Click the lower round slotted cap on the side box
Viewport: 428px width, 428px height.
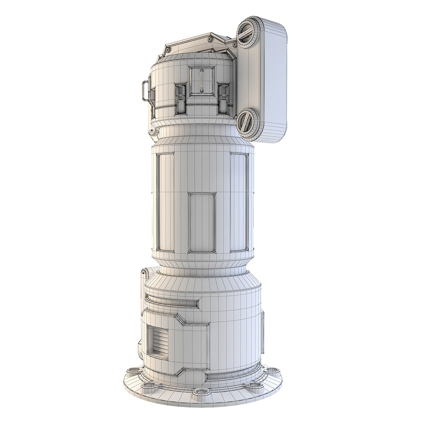click(x=249, y=121)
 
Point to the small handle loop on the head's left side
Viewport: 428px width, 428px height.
click(x=145, y=91)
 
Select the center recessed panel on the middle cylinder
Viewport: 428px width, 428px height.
click(x=202, y=222)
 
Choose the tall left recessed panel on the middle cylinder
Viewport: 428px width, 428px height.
click(x=164, y=202)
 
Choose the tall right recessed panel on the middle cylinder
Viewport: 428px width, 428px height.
click(x=239, y=202)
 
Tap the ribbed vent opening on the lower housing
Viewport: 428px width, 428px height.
click(x=158, y=342)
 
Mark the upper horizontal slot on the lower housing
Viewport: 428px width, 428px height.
click(x=173, y=303)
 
